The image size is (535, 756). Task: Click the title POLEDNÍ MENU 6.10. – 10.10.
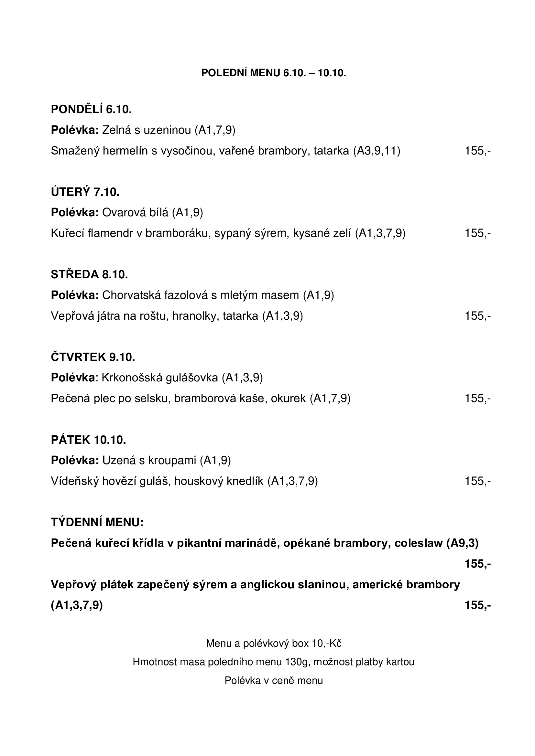(x=273, y=73)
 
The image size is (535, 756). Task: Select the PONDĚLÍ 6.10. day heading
(x=91, y=109)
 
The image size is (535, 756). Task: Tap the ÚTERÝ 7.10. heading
(x=85, y=192)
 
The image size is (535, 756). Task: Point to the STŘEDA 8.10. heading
(x=89, y=274)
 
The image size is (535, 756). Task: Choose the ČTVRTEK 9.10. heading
(x=93, y=357)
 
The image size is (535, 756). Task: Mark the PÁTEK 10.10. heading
(x=88, y=440)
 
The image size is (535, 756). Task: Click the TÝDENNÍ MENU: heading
(x=97, y=522)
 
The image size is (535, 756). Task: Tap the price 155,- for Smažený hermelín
(x=477, y=151)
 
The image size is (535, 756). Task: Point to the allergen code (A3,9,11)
(x=377, y=151)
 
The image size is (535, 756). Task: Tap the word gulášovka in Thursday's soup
(x=192, y=378)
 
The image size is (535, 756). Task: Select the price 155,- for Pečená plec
(x=477, y=399)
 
